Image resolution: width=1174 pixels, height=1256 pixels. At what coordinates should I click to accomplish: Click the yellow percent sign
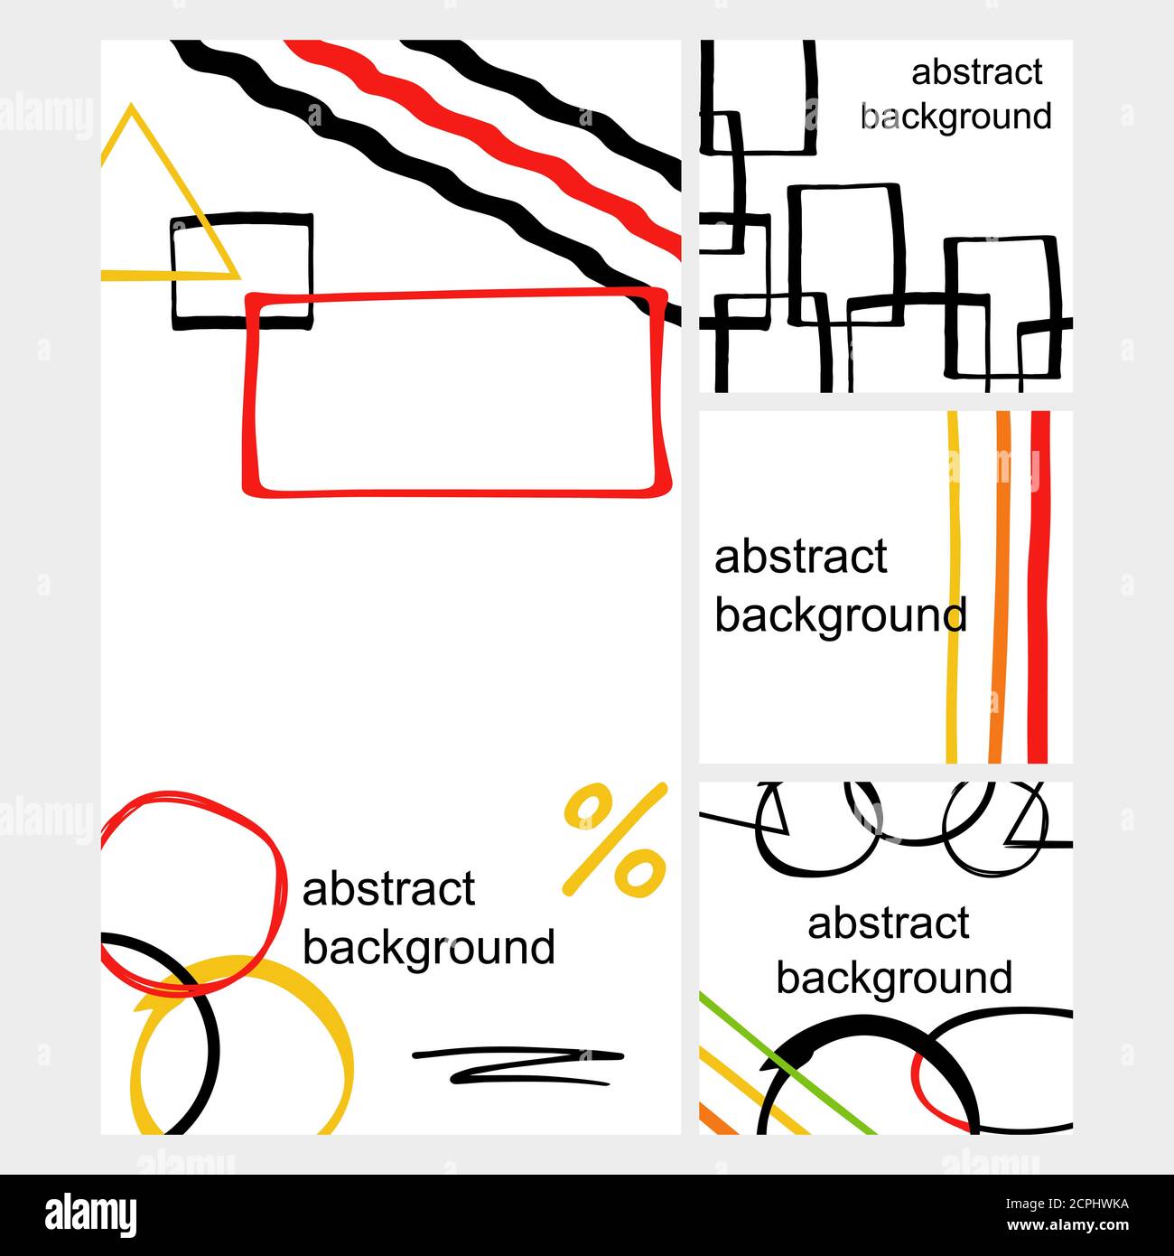point(614,839)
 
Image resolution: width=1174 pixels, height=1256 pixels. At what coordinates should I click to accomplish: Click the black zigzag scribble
point(517,1066)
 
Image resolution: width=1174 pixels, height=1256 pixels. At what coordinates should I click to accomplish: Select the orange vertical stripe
point(999,587)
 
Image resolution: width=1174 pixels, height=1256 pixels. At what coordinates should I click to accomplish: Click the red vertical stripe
point(1039,587)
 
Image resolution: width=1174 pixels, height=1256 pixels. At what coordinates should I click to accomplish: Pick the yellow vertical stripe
point(953,587)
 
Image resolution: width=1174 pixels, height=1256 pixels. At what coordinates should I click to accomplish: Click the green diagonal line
point(787,1064)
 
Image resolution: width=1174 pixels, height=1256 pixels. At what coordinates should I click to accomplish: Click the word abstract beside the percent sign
point(388,889)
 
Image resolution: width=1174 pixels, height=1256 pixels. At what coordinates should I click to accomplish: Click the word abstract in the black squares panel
point(977,72)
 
